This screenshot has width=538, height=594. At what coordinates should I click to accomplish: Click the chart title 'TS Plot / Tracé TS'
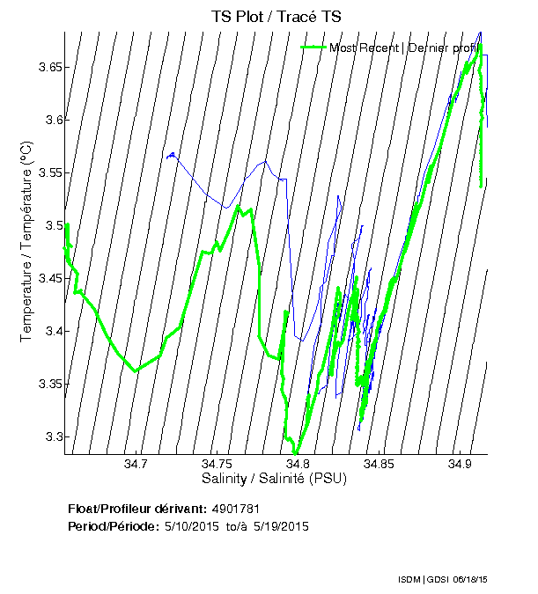tap(276, 17)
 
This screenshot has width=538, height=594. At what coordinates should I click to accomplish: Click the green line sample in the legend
tap(314, 48)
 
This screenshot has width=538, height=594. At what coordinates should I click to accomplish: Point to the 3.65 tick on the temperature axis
tap(46, 68)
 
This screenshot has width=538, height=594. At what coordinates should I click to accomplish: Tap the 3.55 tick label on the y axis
tap(46, 173)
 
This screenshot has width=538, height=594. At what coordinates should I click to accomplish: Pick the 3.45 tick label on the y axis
tap(46, 279)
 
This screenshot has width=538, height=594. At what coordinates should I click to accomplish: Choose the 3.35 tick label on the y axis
tap(46, 385)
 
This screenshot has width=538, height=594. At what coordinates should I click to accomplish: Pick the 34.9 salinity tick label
tap(461, 464)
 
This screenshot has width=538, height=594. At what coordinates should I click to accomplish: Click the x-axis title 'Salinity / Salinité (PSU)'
tap(275, 479)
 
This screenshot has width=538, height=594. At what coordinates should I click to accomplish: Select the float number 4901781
tap(235, 510)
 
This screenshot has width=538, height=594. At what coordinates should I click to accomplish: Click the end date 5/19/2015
tap(280, 527)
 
